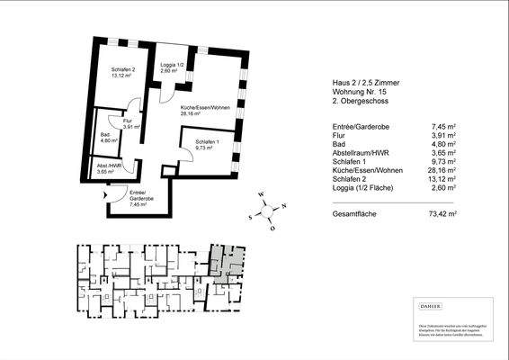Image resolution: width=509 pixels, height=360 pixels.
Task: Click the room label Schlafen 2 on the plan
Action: (x=123, y=69)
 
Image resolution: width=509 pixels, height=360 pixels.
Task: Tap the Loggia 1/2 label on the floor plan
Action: (x=172, y=66)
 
